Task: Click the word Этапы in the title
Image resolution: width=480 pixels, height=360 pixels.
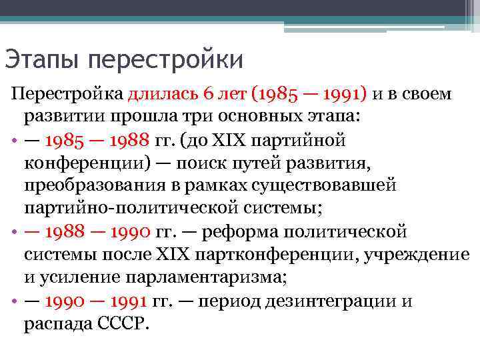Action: pyautogui.click(x=42, y=60)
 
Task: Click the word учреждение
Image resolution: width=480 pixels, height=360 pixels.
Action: pyautogui.click(x=427, y=255)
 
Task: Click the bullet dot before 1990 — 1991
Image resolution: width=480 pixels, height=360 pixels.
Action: pyautogui.click(x=14, y=302)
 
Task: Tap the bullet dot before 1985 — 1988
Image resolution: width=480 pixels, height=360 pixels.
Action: pyautogui.click(x=14, y=141)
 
